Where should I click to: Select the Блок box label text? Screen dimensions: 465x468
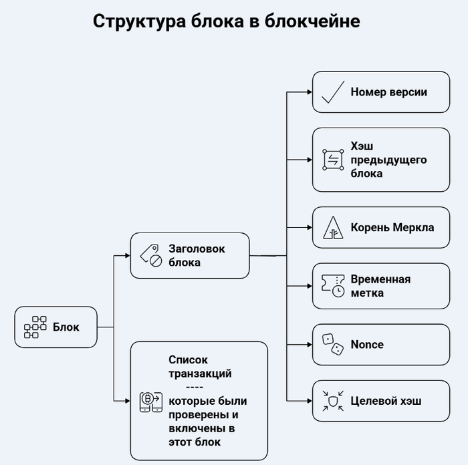[66, 327]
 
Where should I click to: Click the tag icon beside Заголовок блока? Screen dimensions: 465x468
[150, 255]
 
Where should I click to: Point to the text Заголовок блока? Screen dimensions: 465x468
[196, 255]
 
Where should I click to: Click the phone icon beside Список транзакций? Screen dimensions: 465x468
[150, 401]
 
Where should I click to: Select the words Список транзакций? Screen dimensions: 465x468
[200, 366]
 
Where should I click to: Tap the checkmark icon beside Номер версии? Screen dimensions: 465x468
[332, 92]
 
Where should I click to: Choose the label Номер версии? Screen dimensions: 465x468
[388, 92]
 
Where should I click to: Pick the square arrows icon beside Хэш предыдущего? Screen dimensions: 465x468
[332, 160]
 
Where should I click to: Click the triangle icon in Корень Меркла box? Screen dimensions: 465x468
[332, 228]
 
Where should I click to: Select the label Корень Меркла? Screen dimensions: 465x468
[392, 228]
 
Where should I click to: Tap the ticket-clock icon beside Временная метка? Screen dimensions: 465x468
[332, 286]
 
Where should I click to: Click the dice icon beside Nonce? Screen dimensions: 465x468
[332, 345]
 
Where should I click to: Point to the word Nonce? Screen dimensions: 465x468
[367, 345]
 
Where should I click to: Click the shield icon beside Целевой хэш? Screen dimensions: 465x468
[332, 401]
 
